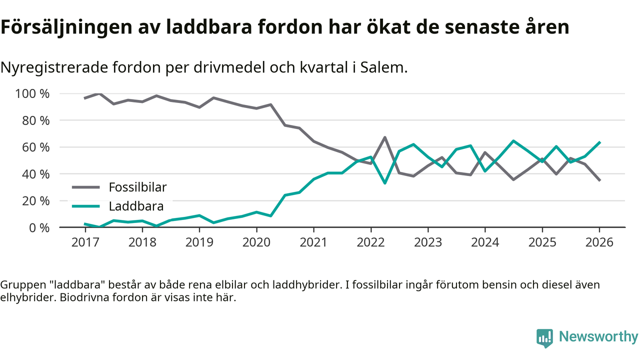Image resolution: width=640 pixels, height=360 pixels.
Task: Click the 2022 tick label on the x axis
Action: [x=370, y=242]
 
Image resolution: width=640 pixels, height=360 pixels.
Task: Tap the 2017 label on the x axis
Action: [x=85, y=242]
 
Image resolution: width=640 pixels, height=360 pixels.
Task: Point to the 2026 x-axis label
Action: [x=599, y=242]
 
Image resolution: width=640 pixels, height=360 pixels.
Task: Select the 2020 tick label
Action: [x=256, y=242]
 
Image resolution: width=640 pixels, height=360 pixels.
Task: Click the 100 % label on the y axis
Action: [x=32, y=94]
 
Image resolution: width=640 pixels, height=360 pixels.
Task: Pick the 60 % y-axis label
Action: [x=35, y=147]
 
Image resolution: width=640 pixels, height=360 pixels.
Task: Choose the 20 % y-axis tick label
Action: [x=35, y=201]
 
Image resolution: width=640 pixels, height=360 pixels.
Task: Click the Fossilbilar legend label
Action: [x=137, y=187]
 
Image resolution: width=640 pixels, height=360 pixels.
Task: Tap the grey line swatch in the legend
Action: [x=86, y=187]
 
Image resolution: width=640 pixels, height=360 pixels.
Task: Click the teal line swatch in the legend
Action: [x=86, y=206]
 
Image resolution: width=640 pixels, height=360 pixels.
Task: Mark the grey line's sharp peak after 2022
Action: [x=384, y=137]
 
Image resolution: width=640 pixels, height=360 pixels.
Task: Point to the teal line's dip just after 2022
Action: [x=384, y=183]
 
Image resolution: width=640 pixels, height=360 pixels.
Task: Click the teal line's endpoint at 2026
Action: [x=599, y=142]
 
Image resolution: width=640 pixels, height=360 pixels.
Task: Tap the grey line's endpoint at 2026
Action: [x=599, y=180]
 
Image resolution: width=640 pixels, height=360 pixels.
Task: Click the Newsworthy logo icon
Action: [x=544, y=337]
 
